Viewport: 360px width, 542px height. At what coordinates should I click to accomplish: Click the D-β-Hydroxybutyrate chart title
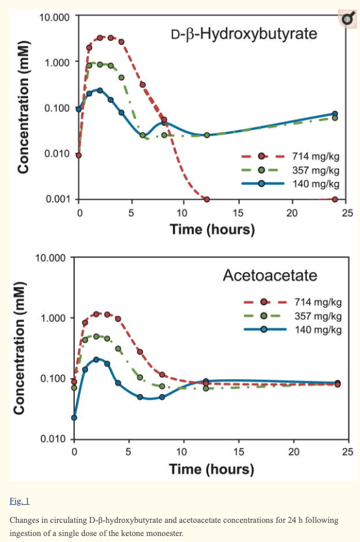[244, 34]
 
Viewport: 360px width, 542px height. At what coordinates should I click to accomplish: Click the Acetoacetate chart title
[270, 276]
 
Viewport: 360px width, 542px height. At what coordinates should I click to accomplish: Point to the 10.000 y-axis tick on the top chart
[54, 17]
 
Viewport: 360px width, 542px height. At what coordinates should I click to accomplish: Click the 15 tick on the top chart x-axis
[237, 213]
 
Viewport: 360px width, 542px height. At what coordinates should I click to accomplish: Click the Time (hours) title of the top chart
[212, 229]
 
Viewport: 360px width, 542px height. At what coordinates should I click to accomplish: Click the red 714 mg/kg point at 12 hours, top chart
[206, 199]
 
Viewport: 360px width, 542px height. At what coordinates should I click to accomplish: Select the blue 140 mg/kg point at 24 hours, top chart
[335, 114]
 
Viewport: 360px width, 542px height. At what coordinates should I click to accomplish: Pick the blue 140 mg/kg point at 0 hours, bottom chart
[74, 418]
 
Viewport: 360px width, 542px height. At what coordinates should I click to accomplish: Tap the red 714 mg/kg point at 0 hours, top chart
[78, 156]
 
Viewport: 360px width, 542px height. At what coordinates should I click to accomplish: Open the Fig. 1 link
[19, 500]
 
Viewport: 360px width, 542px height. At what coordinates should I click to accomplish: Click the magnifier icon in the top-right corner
[346, 19]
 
